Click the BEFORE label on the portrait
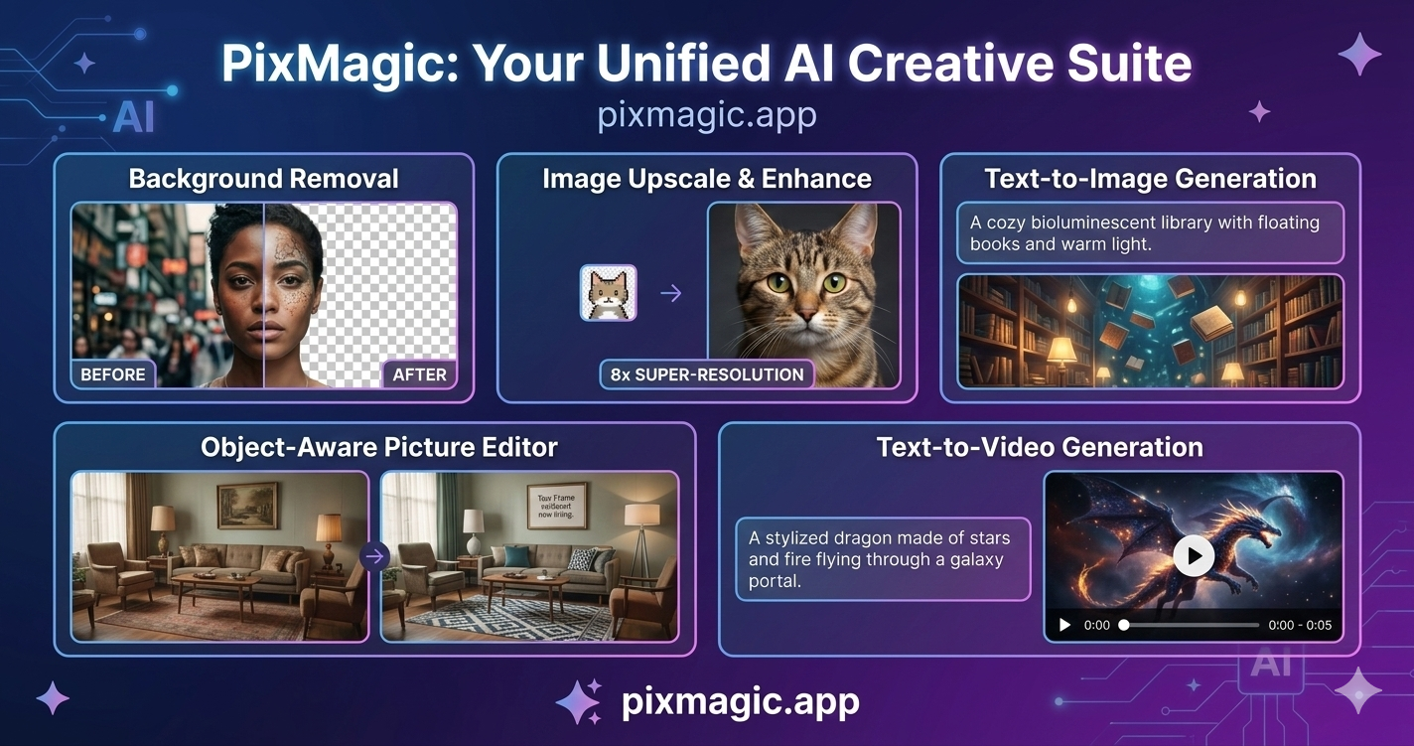(113, 374)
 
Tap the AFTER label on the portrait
(419, 374)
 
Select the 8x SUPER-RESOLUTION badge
(706, 374)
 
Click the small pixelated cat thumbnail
(608, 293)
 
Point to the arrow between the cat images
(671, 293)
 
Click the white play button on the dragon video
(1193, 555)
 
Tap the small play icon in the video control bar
(1065, 625)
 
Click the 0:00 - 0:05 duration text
(1300, 625)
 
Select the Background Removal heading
(263, 179)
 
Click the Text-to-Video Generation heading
(1039, 447)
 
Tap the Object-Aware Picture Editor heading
(378, 447)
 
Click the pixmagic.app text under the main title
(706, 115)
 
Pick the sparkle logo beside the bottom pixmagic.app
(579, 701)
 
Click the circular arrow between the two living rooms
(374, 556)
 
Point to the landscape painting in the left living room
(247, 506)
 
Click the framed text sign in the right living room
(556, 506)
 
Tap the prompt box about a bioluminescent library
(1150, 232)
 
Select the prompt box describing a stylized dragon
(883, 558)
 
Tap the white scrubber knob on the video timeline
(1124, 625)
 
